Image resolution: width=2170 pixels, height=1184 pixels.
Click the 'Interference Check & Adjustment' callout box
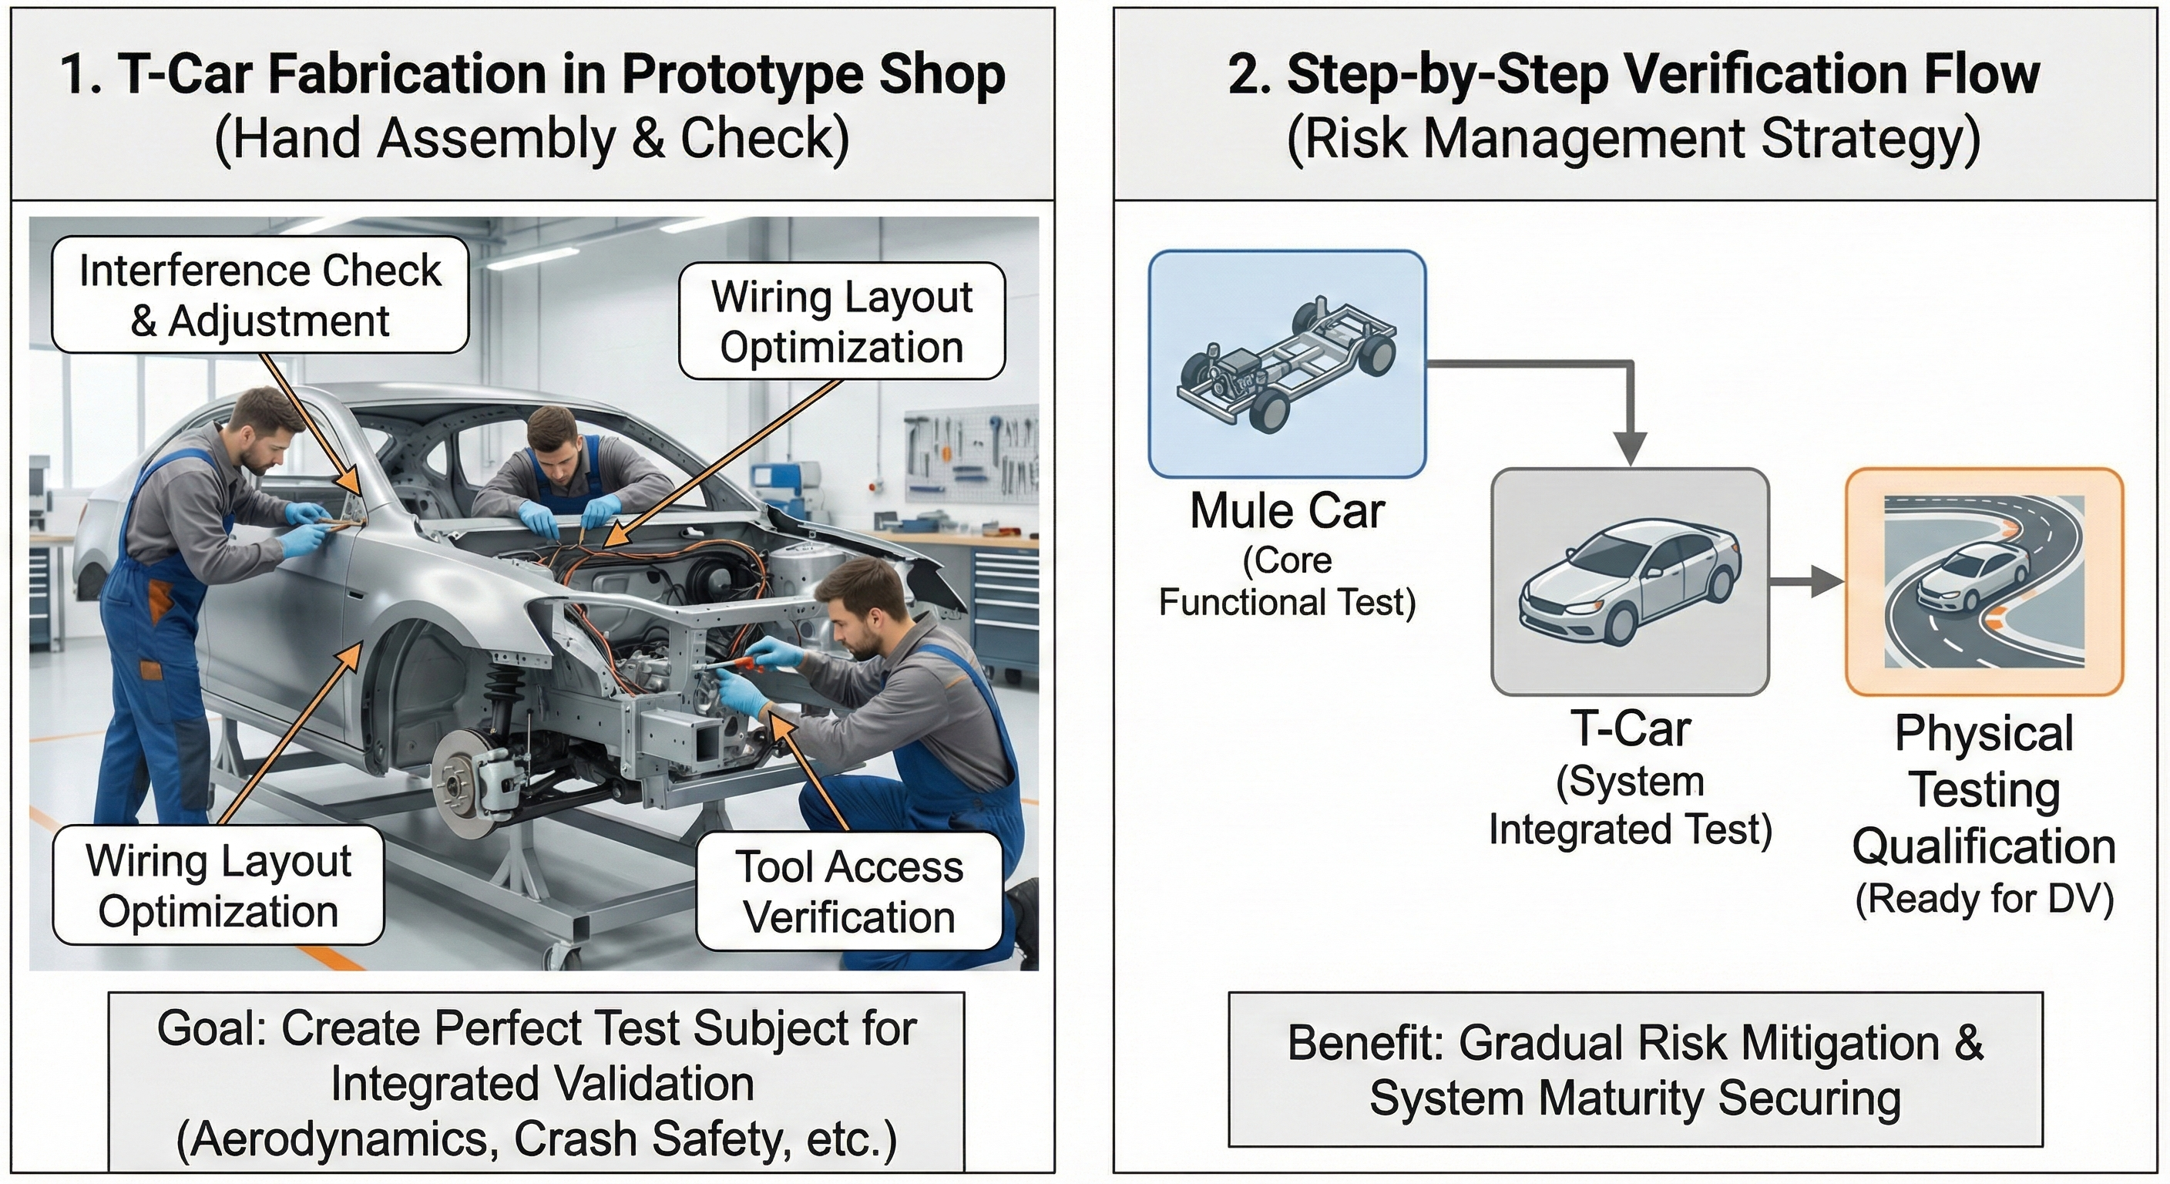coord(260,295)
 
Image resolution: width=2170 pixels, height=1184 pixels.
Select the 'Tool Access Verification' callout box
coord(849,892)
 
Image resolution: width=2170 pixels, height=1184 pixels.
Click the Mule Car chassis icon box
coord(1286,364)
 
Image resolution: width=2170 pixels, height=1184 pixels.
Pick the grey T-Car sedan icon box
coord(1629,581)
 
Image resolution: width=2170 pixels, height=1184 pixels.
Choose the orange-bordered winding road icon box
coord(1984,581)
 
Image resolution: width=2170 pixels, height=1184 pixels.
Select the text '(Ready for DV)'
coord(1984,899)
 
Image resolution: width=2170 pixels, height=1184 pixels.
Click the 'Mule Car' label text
coord(1286,512)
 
